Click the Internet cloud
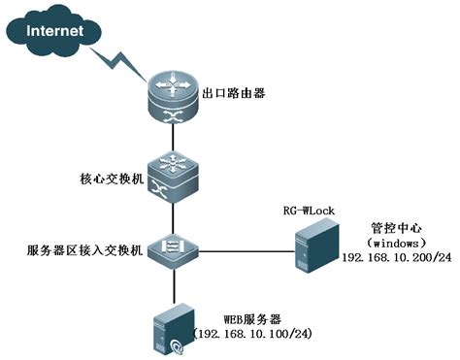53,31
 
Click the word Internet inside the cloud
55,31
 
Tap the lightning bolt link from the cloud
118,66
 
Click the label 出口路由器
234,93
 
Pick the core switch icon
173,177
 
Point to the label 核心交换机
112,179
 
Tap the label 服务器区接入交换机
84,250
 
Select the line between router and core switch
174,137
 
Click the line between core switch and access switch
174,218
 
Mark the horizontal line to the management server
246,251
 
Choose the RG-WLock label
309,211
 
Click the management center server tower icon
316,245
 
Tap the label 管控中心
396,228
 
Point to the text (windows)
396,243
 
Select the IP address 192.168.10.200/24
397,257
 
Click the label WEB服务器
252,319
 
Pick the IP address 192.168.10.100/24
252,334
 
